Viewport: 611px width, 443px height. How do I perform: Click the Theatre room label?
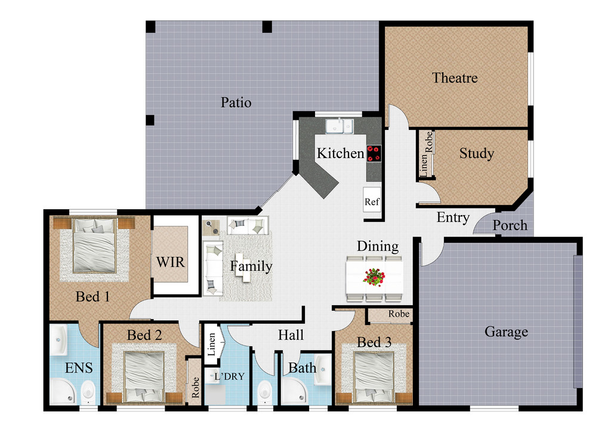[455, 78]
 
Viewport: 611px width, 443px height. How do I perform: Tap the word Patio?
[236, 103]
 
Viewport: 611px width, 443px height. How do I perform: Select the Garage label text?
[506, 332]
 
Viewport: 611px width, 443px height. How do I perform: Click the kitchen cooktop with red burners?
[374, 153]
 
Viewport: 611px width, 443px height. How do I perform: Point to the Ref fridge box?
[372, 202]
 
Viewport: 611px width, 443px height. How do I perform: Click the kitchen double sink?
[339, 126]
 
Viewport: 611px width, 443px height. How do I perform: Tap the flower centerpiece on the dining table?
[374, 277]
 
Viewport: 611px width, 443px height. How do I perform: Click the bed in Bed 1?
[94, 246]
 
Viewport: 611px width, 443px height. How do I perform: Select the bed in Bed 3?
[374, 377]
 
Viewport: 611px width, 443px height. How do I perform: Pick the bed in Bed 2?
[144, 377]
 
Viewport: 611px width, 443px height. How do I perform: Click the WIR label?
[170, 262]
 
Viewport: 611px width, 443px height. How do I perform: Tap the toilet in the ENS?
[88, 392]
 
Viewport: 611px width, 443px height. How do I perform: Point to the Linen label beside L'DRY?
[211, 345]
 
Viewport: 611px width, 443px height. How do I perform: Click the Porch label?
[510, 225]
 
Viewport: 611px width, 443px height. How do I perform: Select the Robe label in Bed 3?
[399, 314]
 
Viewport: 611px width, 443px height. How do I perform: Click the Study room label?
[476, 154]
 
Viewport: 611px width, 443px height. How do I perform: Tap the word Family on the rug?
[251, 267]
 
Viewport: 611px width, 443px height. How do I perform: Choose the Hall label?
[291, 335]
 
